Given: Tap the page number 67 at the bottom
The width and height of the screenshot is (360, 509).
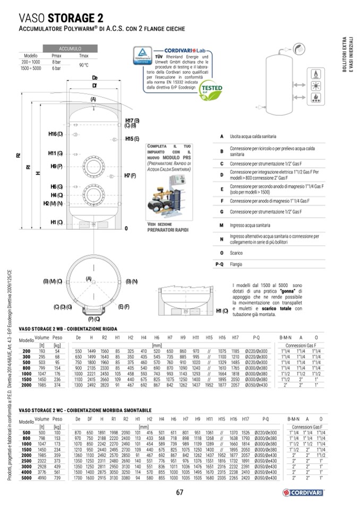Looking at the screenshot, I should (179, 493).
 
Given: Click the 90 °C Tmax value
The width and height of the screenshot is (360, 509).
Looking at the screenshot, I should (83, 65).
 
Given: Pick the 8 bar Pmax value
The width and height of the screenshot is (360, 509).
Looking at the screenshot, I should (56, 62).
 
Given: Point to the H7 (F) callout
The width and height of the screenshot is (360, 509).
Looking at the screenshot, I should (131, 175).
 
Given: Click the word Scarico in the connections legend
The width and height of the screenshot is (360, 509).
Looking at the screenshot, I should (237, 253).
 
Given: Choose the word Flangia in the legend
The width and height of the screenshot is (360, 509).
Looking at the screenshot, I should (237, 264).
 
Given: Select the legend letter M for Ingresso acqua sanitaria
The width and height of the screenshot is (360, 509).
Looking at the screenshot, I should (221, 226).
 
